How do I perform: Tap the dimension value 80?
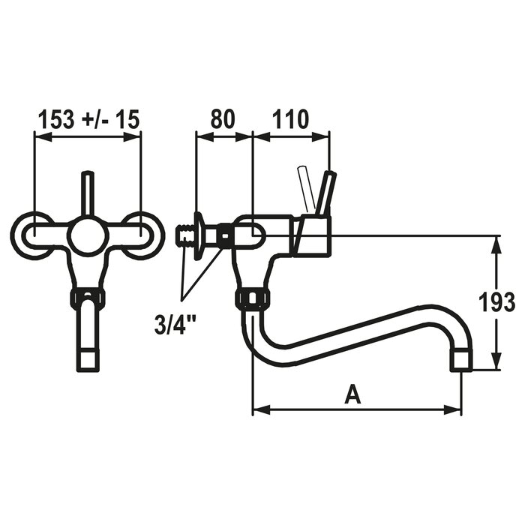pos(223,119)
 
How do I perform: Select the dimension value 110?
pos(289,119)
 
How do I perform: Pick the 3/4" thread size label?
pos(175,324)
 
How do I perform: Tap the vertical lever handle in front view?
pos(88,194)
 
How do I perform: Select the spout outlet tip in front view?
pos(88,359)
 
